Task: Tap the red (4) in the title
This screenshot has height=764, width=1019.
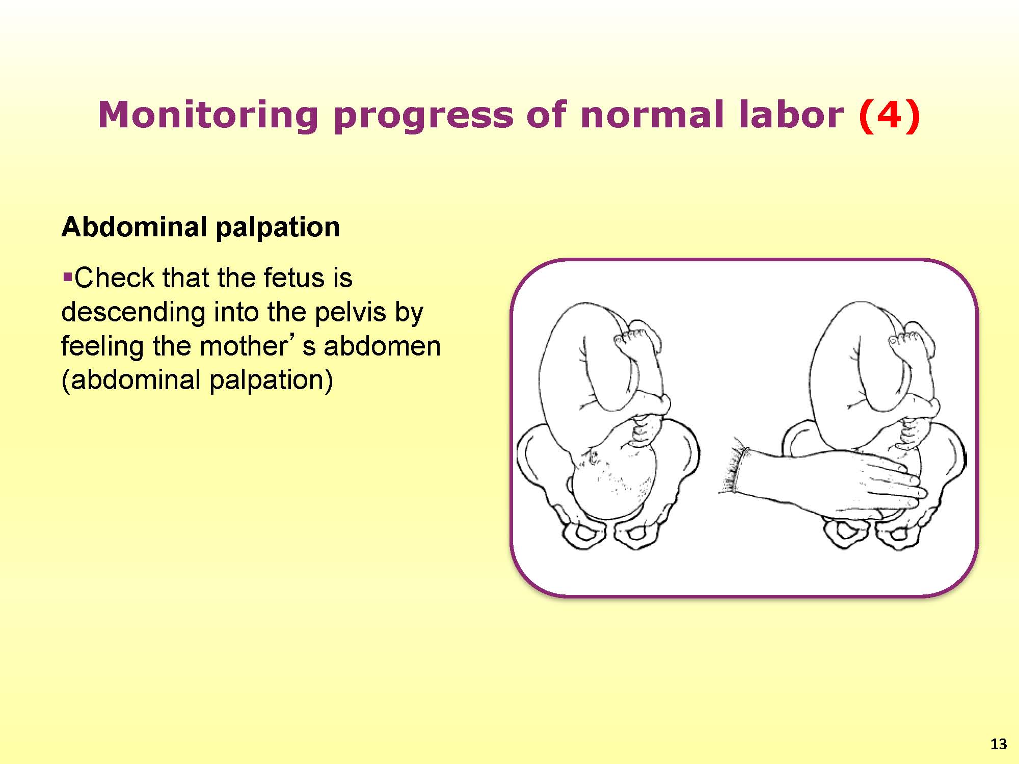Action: tap(890, 115)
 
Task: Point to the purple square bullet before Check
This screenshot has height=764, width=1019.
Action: tap(67, 278)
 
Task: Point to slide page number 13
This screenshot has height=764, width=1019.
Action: tap(999, 744)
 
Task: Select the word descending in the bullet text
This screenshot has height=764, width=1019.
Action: tap(133, 312)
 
